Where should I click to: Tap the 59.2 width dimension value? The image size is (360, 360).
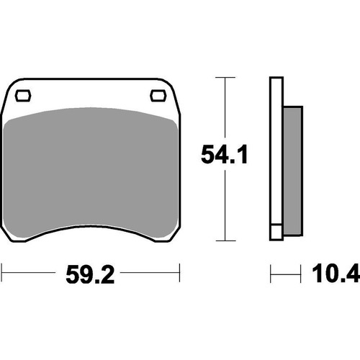pos(90,274)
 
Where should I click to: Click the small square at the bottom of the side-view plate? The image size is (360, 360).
pos(275,233)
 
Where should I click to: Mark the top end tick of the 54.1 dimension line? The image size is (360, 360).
pos(227,77)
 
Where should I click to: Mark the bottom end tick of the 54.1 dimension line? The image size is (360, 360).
pos(227,241)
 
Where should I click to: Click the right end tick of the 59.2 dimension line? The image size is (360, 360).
pos(178,274)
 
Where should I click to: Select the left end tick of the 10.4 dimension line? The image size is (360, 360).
pos(271,274)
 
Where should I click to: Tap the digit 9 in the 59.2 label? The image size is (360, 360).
pos(85,274)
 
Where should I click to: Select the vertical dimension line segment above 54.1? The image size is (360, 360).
pos(227,108)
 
